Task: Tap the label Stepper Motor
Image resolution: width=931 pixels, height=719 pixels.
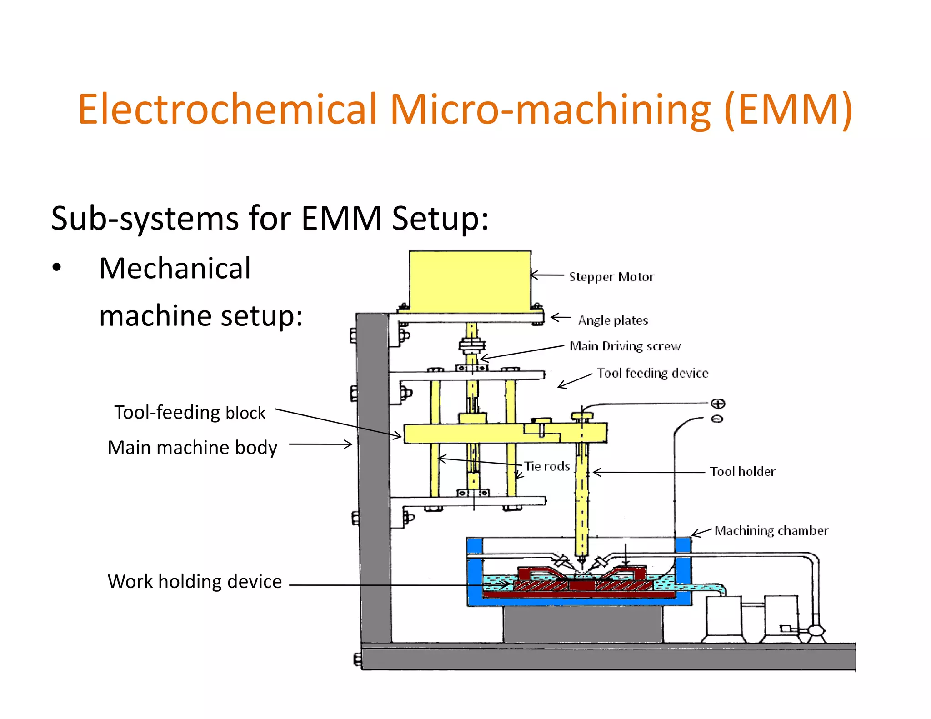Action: (611, 277)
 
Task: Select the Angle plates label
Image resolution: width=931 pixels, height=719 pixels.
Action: (613, 320)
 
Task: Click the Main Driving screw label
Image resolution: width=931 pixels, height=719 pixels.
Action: (625, 346)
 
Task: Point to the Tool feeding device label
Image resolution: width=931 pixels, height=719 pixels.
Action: (652, 373)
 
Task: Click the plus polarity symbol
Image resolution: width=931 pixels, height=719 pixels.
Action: (718, 404)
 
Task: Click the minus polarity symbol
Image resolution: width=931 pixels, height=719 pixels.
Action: (717, 419)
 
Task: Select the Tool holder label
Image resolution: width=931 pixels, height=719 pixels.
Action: (742, 472)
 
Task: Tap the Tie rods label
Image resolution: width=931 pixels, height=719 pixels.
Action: (547, 466)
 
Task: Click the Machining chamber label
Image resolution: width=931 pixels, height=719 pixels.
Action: (771, 531)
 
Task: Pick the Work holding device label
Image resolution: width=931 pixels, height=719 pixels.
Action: (195, 582)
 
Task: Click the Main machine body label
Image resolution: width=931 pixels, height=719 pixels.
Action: (192, 448)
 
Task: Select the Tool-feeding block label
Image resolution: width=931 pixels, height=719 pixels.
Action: (190, 413)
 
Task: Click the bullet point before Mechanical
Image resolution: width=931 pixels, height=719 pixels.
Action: (56, 267)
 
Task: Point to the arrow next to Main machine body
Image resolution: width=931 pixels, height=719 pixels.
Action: (320, 444)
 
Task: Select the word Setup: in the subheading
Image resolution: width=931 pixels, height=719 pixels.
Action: (440, 219)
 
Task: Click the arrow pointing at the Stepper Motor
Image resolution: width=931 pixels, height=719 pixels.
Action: (547, 275)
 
